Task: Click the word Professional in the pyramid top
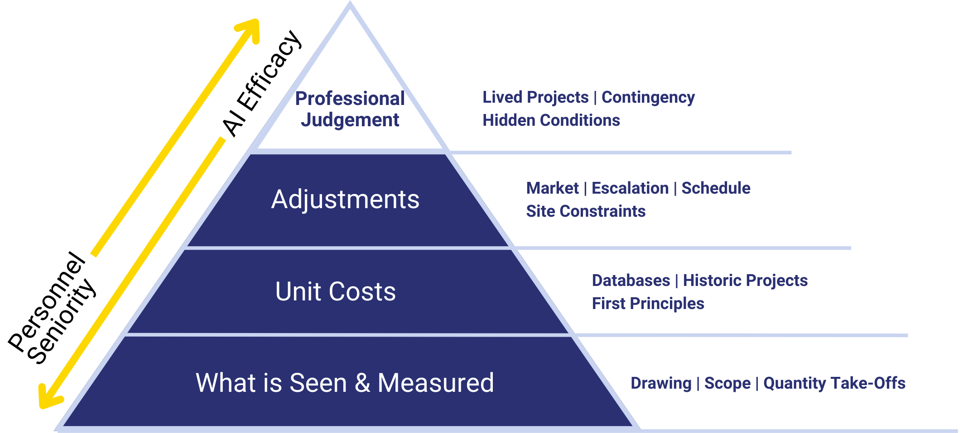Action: click(x=350, y=99)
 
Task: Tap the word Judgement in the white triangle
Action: click(x=350, y=120)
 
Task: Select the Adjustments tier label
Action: click(x=345, y=200)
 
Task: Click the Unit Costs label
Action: click(x=335, y=291)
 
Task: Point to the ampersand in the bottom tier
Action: click(x=362, y=383)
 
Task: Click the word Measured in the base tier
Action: click(x=435, y=383)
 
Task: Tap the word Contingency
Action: click(x=648, y=97)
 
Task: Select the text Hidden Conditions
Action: click(x=551, y=120)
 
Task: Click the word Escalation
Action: click(x=630, y=188)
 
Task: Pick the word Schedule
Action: click(x=716, y=188)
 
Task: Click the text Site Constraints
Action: click(x=586, y=211)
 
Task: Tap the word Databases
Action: click(x=631, y=281)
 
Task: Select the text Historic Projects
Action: click(x=745, y=281)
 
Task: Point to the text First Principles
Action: click(x=648, y=304)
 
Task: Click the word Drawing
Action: click(x=661, y=383)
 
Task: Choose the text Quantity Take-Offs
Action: click(x=834, y=383)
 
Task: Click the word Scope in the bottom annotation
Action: click(x=727, y=383)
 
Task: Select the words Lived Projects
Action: click(x=535, y=97)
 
